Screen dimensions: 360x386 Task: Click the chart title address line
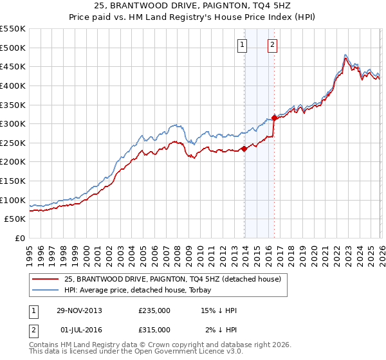[192, 6]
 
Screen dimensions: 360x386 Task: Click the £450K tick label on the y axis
[13, 66]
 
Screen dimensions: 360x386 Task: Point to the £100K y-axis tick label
[13, 200]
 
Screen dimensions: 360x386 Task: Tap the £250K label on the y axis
[13, 143]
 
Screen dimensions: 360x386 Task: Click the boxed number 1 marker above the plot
[242, 44]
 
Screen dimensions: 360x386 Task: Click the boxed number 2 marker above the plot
[272, 44]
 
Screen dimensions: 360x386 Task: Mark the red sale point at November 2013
[244, 148]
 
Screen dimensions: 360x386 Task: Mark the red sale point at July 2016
[274, 118]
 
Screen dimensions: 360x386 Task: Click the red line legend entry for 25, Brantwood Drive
[172, 280]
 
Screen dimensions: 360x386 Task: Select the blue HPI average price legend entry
[154, 291]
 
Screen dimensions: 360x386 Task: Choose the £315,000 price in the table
[154, 329]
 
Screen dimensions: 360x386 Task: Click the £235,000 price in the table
[154, 310]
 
